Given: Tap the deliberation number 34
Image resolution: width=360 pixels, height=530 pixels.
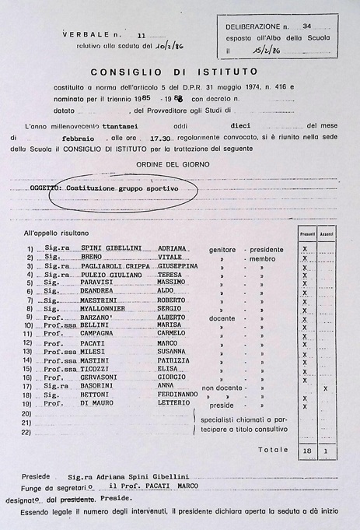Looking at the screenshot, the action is coord(306,26).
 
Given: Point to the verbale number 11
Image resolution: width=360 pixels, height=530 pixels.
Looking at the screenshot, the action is coord(141,35).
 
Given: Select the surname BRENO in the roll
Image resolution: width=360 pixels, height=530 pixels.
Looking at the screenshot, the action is coord(92,257).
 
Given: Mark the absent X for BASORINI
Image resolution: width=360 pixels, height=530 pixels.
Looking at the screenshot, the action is coord(325,388).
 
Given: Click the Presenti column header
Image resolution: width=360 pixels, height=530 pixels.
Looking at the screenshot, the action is coord(305,233).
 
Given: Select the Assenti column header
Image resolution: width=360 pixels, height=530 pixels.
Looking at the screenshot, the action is coord(326,233).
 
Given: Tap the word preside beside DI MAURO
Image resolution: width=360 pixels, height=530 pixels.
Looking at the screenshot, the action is coord(222,405).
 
